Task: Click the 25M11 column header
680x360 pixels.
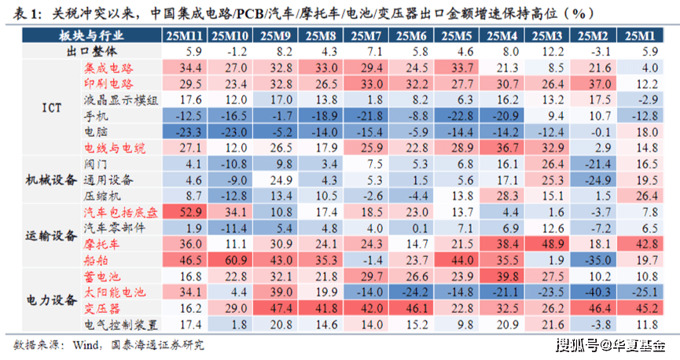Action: (x=186, y=36)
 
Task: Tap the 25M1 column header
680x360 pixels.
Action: (x=641, y=36)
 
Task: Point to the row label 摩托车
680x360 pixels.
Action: (x=102, y=244)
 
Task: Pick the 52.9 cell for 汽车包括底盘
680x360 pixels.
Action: (x=186, y=211)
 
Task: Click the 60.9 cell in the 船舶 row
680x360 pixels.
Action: (x=232, y=259)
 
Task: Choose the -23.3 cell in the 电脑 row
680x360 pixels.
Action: (x=186, y=131)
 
